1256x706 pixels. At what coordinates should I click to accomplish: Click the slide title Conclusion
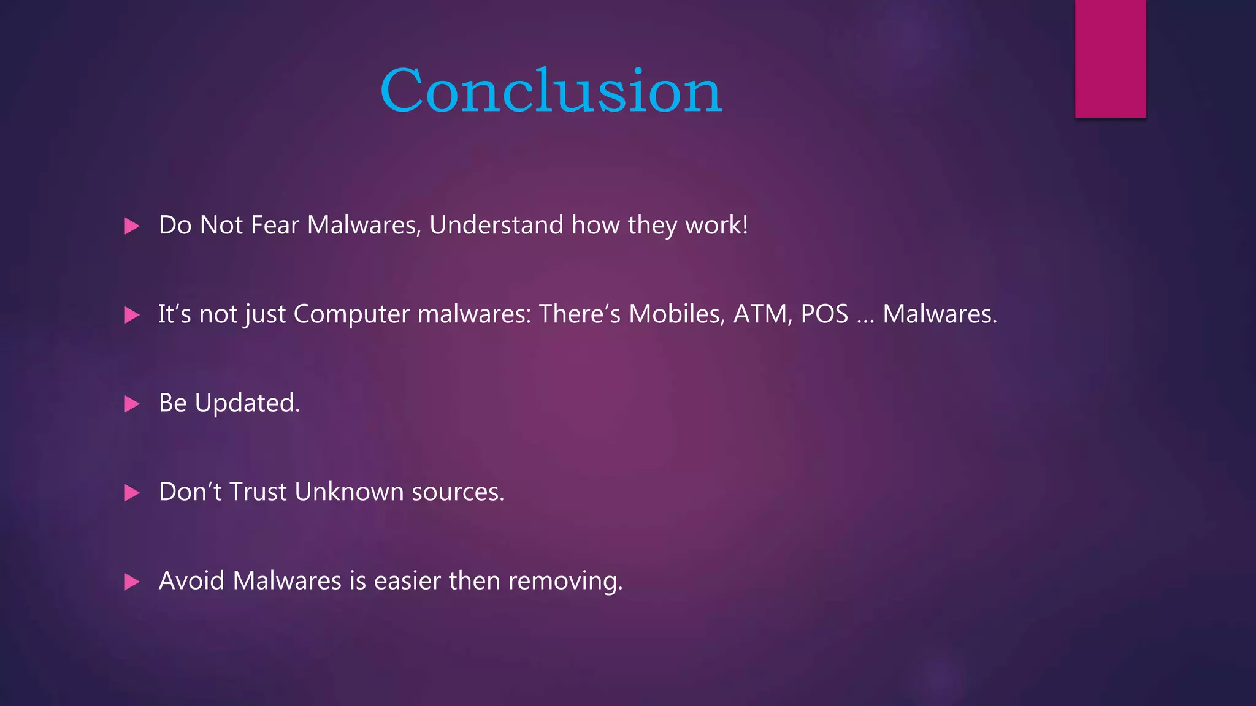coord(551,91)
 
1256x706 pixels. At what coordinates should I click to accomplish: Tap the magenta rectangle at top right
coord(1110,58)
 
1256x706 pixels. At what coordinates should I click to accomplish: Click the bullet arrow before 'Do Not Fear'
coord(132,226)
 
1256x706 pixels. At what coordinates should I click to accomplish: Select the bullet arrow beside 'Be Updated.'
coord(132,404)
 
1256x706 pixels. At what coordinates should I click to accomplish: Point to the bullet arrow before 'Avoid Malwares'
coord(132,582)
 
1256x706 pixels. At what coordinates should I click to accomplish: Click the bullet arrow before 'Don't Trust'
coord(132,493)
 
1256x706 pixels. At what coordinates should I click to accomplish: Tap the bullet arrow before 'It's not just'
coord(132,315)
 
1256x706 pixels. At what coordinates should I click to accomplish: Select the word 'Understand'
coord(496,225)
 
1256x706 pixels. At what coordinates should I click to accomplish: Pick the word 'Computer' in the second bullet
coord(351,314)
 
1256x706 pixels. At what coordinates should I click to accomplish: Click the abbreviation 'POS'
coord(824,314)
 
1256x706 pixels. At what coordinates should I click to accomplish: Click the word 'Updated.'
coord(247,403)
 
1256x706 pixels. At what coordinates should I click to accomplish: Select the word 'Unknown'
coord(348,492)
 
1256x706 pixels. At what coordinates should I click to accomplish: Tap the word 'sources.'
coord(458,492)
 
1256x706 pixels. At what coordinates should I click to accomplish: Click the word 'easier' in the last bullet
coord(407,581)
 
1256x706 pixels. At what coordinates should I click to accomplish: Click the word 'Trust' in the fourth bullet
coord(258,492)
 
